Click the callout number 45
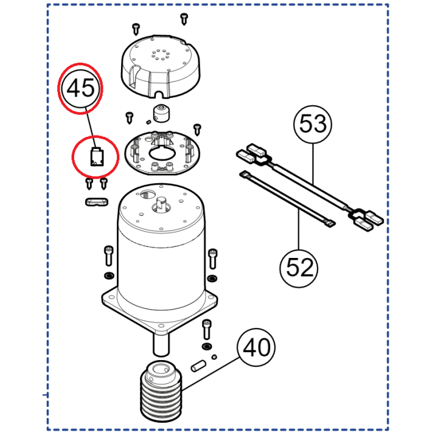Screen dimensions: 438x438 pyautogui.click(x=81, y=88)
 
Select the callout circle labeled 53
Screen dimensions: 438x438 pyautogui.click(x=313, y=124)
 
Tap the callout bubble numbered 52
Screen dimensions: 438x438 pyautogui.click(x=299, y=268)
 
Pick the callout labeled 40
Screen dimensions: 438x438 pyautogui.click(x=256, y=347)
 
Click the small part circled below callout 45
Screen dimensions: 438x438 pyautogui.click(x=97, y=158)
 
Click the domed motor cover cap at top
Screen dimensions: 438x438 pyautogui.click(x=161, y=66)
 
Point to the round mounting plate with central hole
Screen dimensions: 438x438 pyautogui.click(x=162, y=153)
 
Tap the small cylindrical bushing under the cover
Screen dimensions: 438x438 pyautogui.click(x=161, y=113)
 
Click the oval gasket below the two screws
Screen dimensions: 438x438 pyautogui.click(x=97, y=202)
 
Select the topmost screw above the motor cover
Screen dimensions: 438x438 pyautogui.click(x=184, y=19)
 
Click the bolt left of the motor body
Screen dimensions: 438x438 pyautogui.click(x=108, y=256)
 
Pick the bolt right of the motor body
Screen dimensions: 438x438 pyautogui.click(x=213, y=259)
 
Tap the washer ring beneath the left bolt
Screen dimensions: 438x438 pyautogui.click(x=109, y=276)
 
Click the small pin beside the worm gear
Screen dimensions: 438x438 pyautogui.click(x=198, y=366)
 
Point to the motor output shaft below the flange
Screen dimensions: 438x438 pyautogui.click(x=161, y=345)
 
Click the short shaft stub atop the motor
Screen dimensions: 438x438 pyautogui.click(x=161, y=202)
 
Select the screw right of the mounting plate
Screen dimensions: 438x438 pyautogui.click(x=198, y=130)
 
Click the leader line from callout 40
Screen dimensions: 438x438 pyautogui.click(x=210, y=374)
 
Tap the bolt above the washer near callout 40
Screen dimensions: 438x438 pyautogui.click(x=206, y=330)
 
